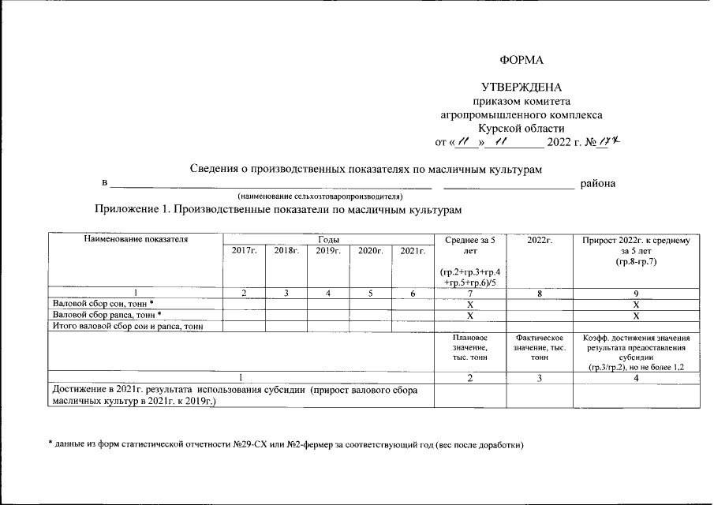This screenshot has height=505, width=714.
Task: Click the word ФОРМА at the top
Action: click(521, 61)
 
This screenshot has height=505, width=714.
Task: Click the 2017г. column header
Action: click(245, 250)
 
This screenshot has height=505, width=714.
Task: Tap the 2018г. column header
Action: click(286, 250)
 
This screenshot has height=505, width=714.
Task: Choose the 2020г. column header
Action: click(370, 250)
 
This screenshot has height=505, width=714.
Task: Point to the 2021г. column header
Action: click(413, 250)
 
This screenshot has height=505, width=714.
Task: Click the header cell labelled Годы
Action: click(328, 238)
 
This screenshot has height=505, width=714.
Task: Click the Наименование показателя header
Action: click(135, 238)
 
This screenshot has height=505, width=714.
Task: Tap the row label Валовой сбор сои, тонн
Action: click(103, 304)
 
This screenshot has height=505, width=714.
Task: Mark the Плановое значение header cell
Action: click(469, 347)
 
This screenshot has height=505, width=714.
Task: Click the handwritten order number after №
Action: click(607, 142)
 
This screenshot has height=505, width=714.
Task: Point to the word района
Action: click(598, 184)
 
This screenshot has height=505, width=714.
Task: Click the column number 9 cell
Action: click(636, 293)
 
